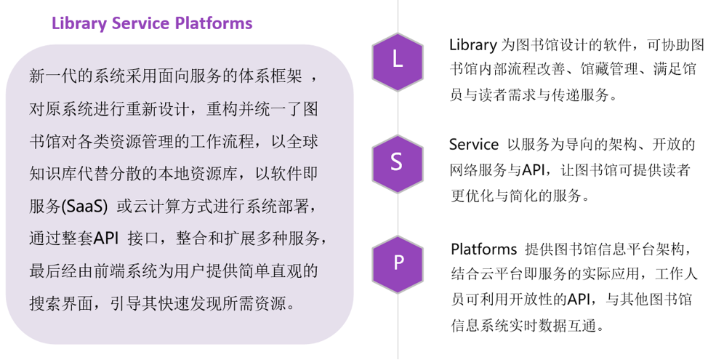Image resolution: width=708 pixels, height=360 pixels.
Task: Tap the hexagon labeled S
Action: (397, 161)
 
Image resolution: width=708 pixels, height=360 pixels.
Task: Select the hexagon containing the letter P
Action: (397, 262)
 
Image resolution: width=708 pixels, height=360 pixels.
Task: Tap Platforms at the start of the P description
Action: (483, 249)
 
